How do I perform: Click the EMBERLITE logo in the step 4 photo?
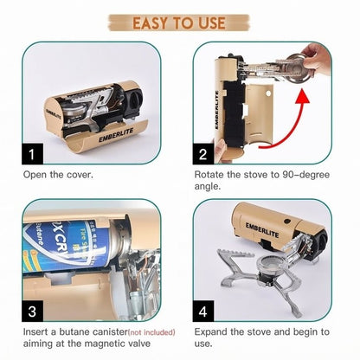pyautogui.click(x=265, y=228)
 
